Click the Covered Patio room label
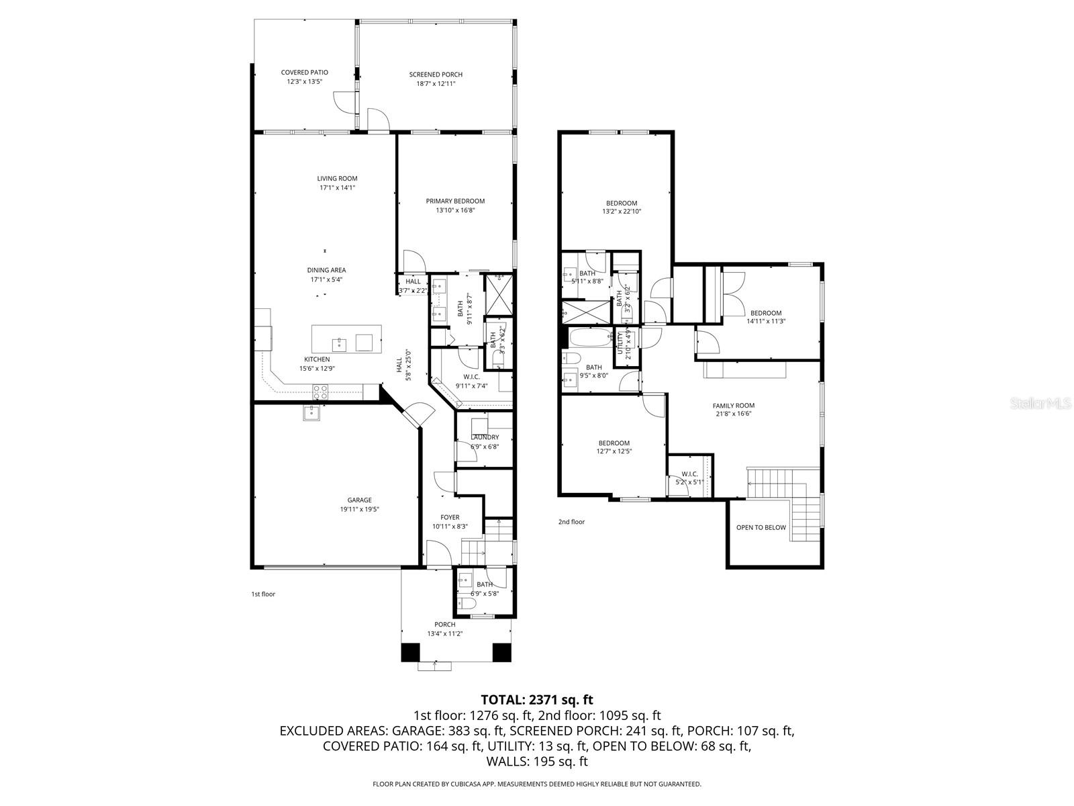tap(304, 73)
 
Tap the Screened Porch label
tap(436, 75)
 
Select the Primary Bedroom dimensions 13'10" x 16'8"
tap(455, 210)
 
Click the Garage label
tap(359, 500)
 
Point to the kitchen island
tap(346, 338)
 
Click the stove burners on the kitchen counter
tap(320, 392)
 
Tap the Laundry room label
tap(485, 437)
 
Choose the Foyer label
tap(450, 517)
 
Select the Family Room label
tap(733, 405)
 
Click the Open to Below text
tap(761, 527)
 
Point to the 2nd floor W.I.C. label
tap(689, 474)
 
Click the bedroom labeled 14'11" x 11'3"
tap(765, 313)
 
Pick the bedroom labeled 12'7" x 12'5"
tap(614, 443)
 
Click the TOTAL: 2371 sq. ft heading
tap(536, 699)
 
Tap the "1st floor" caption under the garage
tap(263, 594)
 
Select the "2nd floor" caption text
tap(571, 521)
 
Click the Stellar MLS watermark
tap(1046, 404)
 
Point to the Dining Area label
tap(328, 270)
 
